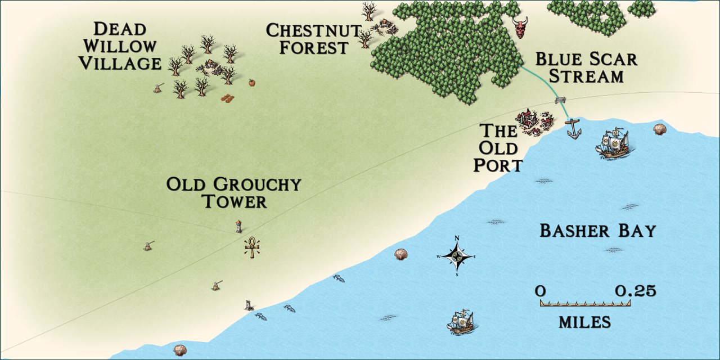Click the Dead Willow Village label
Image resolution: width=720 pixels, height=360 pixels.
tap(119, 46)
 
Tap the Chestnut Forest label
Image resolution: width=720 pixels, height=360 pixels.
tap(313, 39)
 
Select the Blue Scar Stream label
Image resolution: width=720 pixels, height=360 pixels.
tap(586, 67)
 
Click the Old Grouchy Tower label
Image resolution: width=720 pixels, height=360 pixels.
tap(234, 192)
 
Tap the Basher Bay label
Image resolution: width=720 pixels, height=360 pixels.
tap(597, 231)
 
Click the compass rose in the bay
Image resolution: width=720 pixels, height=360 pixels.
tap(457, 256)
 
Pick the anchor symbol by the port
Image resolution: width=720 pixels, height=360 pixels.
tap(573, 129)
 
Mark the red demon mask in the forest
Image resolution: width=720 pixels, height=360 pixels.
tap(520, 27)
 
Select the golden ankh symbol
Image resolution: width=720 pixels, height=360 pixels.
tap(253, 247)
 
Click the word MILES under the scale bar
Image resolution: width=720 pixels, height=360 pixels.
tap(584, 322)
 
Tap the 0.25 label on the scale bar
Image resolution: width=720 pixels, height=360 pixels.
tap(635, 291)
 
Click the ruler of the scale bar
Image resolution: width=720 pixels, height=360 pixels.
tap(584, 303)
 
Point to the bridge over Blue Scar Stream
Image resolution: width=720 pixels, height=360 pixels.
tap(560, 101)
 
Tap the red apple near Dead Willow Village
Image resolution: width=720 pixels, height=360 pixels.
tap(251, 83)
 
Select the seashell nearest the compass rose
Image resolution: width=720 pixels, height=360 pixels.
tap(400, 254)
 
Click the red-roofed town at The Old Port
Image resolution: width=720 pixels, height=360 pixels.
tap(533, 122)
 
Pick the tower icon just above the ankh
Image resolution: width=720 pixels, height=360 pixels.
tap(239, 226)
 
